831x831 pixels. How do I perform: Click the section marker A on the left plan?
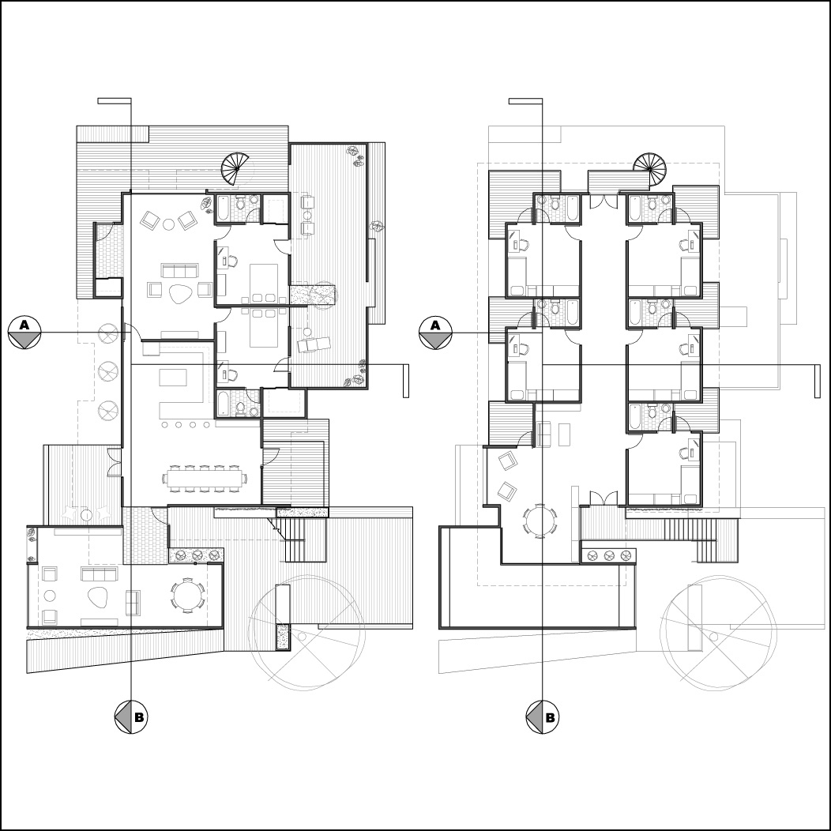(24, 333)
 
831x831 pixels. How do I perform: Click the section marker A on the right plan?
(435, 333)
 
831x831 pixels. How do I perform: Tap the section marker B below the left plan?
(131, 717)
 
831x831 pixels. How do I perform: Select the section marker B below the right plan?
(542, 717)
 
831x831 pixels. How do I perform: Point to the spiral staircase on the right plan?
(649, 167)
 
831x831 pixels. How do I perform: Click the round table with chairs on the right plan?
(540, 521)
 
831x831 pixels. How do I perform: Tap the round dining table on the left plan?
(188, 595)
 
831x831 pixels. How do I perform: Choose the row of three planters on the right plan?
(608, 555)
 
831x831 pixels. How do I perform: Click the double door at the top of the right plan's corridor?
(604, 201)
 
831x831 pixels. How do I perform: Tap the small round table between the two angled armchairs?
(168, 224)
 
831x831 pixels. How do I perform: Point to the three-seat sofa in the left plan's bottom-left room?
(99, 574)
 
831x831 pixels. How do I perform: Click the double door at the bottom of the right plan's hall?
(604, 498)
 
